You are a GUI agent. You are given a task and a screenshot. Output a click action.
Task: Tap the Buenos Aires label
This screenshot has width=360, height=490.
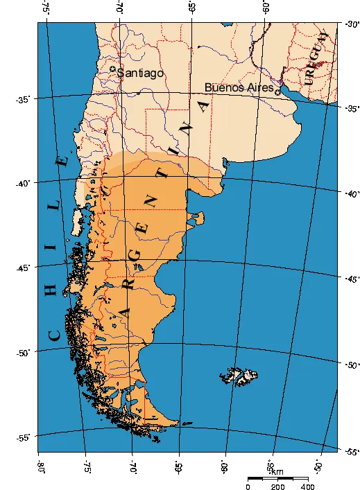[239, 88]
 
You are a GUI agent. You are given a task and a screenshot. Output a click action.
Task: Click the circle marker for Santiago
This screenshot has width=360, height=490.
[113, 69]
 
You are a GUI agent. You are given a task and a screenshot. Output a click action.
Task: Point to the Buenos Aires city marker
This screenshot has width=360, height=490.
[278, 91]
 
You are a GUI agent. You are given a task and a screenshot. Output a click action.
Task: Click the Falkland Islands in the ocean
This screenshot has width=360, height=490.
[243, 376]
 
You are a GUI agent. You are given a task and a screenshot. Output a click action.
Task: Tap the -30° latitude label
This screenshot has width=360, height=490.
[350, 25]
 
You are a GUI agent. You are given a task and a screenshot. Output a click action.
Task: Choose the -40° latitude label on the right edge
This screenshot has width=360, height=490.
[352, 193]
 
